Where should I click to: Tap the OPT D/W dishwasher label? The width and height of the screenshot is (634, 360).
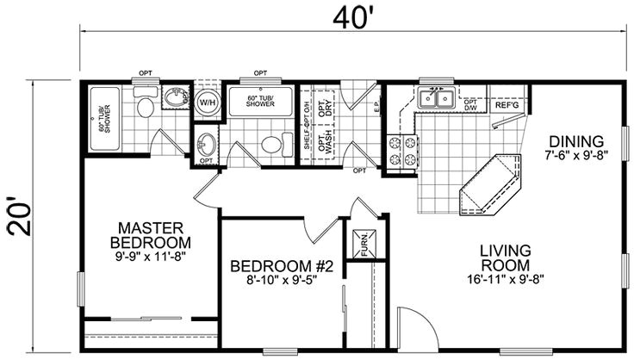pyautogui.click(x=471, y=105)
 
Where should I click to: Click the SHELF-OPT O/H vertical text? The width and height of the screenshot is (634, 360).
pyautogui.click(x=307, y=125)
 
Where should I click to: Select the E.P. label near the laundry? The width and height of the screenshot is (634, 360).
pyautogui.click(x=352, y=109)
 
